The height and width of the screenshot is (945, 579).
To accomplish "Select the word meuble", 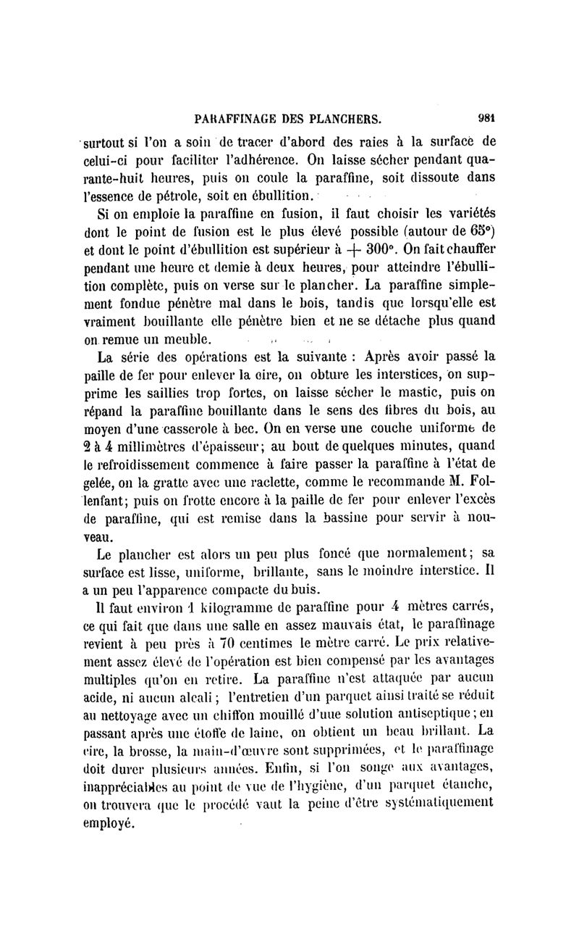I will click(188, 339).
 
